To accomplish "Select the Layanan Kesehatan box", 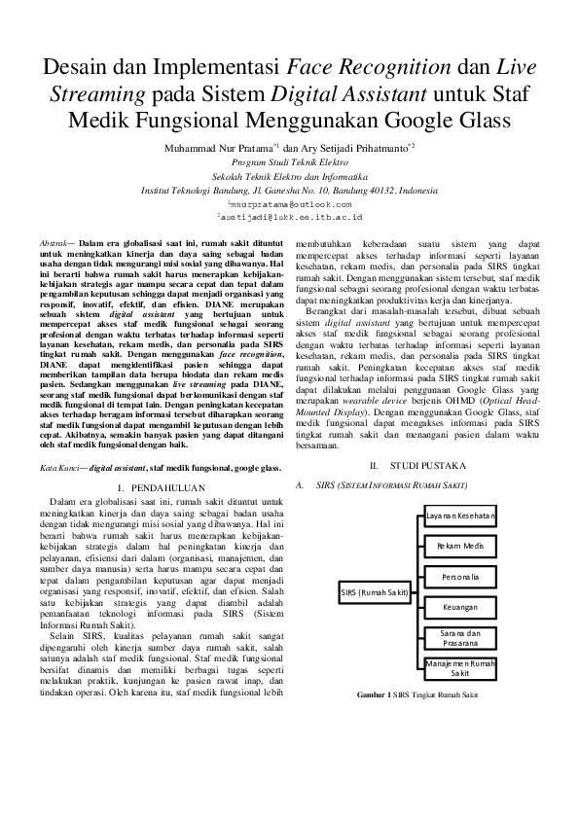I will coord(460,514).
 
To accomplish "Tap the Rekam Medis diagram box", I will coord(460,547).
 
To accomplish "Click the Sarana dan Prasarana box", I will coord(460,638).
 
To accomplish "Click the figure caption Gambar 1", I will coord(417,696).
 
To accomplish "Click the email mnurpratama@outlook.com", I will coord(288,206).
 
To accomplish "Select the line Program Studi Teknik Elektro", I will coord(288,162).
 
